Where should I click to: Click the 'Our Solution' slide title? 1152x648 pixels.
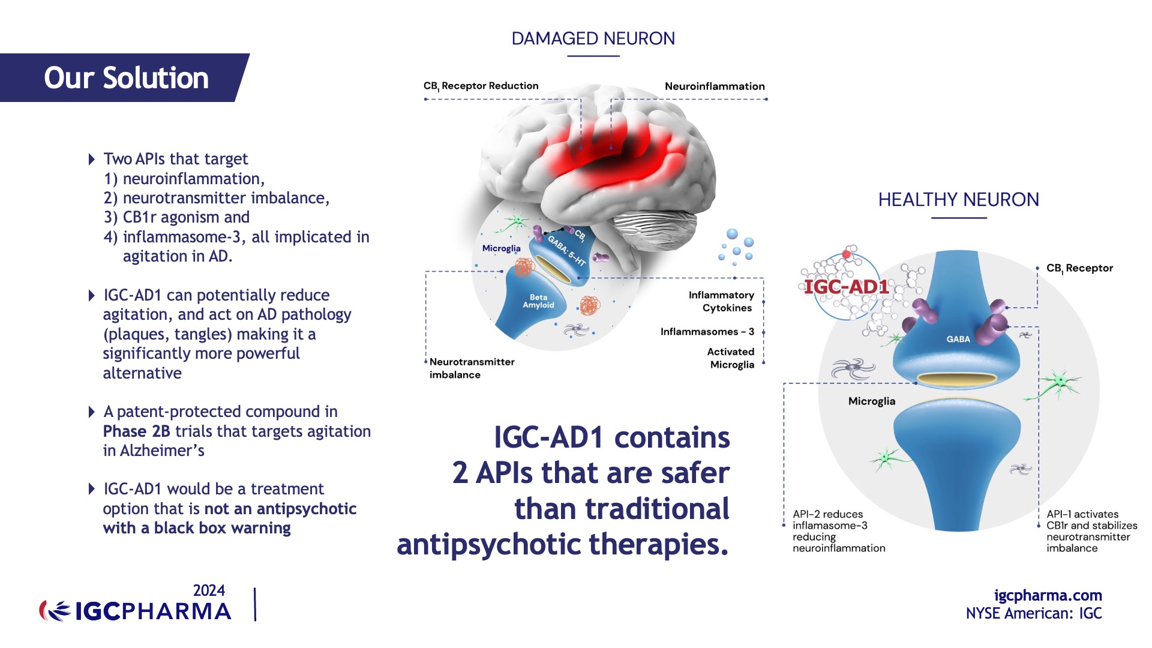coord(126,78)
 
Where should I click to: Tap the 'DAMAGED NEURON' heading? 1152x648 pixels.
coord(593,38)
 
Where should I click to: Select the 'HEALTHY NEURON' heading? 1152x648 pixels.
coord(958,199)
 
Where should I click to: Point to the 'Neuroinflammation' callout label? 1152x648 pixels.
coord(714,86)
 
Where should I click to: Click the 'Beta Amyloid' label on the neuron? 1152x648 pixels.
coord(538,301)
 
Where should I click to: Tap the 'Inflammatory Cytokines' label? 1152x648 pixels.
coord(721,301)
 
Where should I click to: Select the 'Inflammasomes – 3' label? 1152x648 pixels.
coord(707,332)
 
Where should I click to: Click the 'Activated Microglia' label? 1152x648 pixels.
coord(730,358)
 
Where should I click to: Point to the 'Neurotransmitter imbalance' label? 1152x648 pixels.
coord(472,368)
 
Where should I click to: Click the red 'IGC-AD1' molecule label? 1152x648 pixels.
coord(846,287)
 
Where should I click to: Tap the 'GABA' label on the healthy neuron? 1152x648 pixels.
coord(958,339)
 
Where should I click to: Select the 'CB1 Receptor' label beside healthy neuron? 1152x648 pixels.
coord(1079,268)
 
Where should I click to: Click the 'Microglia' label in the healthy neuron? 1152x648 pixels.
coord(871,401)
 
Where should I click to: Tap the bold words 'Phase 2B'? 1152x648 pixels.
coord(136,431)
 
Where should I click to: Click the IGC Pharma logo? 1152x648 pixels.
coord(136,611)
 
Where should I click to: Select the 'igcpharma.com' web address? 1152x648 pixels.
coord(1048,595)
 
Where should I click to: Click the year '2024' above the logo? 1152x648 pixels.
coord(209,590)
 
